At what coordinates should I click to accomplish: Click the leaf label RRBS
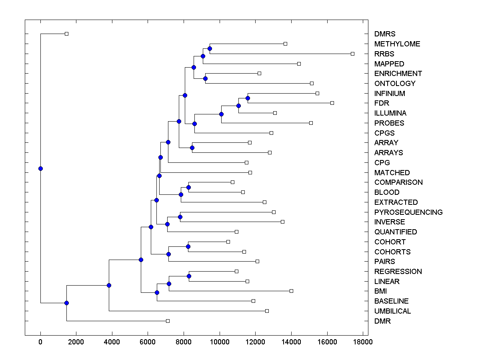384,54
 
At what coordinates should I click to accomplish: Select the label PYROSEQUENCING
408,212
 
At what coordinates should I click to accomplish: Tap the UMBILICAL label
392,311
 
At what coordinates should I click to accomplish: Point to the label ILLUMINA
390,113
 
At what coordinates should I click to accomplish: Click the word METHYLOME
397,44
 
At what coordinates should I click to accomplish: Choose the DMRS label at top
385,34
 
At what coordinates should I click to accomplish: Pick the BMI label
380,291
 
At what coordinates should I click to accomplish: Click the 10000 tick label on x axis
220,342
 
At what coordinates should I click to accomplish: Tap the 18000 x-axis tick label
363,342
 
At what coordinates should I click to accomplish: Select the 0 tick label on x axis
40,342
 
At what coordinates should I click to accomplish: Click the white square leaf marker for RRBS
352,54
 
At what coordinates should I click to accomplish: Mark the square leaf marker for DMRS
67,34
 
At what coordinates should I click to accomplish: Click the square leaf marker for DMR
168,321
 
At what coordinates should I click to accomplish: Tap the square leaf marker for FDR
332,103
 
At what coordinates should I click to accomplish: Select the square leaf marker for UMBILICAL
267,311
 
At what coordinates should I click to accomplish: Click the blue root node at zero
40,168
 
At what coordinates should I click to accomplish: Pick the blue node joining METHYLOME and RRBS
210,48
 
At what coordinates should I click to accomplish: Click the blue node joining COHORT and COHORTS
188,246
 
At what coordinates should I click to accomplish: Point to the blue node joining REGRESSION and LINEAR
189,276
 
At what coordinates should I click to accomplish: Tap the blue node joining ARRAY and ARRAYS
192,148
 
